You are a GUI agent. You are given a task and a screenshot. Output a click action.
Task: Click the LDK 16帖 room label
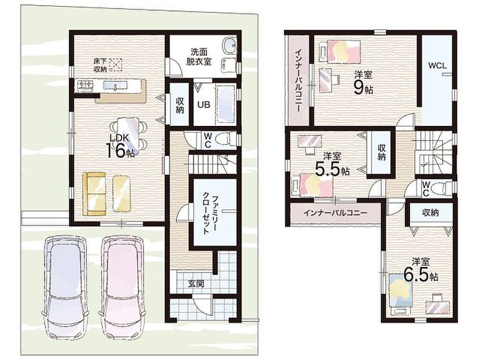point(120,146)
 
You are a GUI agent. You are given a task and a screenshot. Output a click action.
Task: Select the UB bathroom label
point(203,104)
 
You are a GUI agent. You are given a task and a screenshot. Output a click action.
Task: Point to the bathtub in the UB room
point(225,104)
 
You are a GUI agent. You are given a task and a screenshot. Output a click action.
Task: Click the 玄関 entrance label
point(196,284)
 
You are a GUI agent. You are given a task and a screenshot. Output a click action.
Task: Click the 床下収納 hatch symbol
point(116,65)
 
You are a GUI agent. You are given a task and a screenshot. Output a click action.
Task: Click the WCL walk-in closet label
point(437,66)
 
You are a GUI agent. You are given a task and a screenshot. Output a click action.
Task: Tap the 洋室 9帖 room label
point(363,82)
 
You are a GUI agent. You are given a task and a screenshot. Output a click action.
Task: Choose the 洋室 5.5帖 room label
point(332,165)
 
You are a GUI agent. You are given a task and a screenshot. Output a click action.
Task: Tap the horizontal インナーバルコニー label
point(335,213)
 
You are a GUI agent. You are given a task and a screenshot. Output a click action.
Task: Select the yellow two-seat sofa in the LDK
point(94,193)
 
